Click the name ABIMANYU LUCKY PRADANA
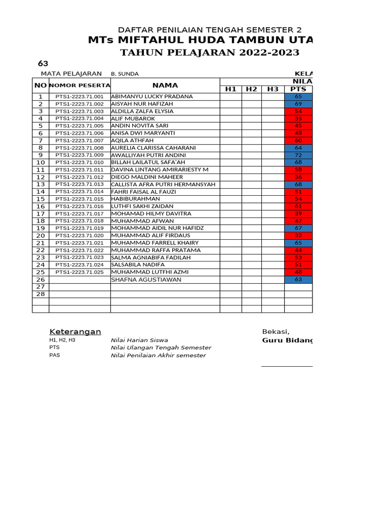click(151, 96)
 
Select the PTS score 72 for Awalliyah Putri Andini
click(298, 155)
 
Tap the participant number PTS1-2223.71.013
click(80, 184)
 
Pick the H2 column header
click(251, 89)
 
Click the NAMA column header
click(165, 85)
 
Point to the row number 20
click(41, 236)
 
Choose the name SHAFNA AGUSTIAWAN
click(146, 280)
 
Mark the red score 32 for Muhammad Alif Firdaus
click(298, 236)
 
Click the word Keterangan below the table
click(75, 332)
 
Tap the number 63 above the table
click(44, 64)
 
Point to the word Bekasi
click(276, 332)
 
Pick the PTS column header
click(298, 89)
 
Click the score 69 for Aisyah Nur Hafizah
click(298, 104)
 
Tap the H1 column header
click(230, 89)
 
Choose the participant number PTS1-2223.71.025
click(80, 272)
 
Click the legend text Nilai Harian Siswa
click(139, 340)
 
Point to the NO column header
click(41, 85)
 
